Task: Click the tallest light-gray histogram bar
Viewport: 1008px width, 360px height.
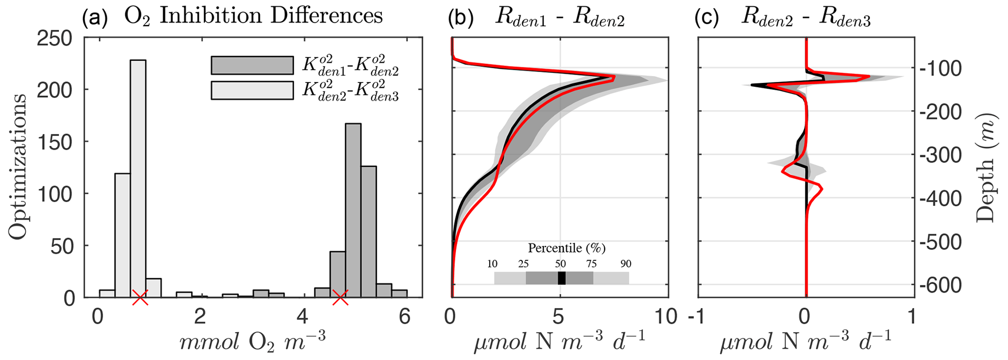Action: [138, 178]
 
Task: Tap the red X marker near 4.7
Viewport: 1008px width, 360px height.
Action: [340, 297]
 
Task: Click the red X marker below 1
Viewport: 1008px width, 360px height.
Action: [140, 297]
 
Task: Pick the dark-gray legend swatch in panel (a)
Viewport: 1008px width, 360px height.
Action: [252, 65]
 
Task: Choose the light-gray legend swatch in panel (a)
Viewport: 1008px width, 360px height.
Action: [252, 90]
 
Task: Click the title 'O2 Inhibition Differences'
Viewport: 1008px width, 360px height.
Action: [254, 16]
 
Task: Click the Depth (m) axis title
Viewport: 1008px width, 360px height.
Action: [986, 167]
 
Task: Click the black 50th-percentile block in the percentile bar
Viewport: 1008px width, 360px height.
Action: [562, 278]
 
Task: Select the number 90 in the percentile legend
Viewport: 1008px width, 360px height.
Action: [626, 264]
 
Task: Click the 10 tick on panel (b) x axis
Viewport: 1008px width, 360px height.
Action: [665, 317]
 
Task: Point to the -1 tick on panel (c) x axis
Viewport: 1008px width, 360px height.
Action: [698, 317]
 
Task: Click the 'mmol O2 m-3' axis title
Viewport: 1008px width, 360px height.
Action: [252, 341]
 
